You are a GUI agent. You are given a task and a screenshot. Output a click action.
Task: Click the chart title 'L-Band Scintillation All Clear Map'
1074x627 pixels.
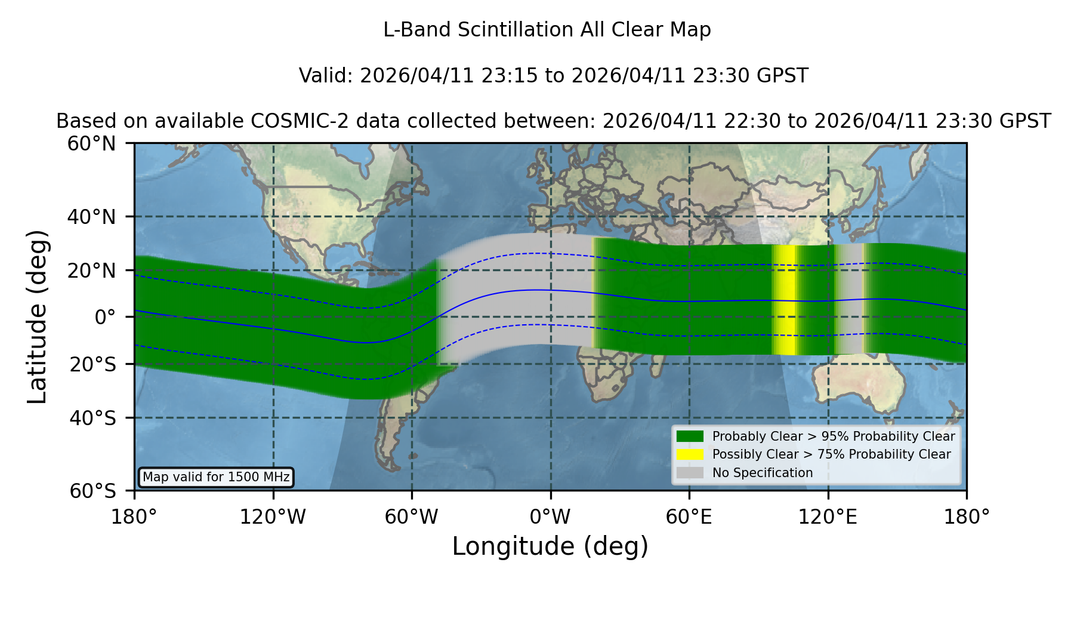(x=547, y=30)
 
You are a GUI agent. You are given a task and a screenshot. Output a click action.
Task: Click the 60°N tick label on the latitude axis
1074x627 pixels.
(x=91, y=143)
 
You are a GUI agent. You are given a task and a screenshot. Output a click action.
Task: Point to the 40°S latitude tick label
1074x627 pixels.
(x=92, y=418)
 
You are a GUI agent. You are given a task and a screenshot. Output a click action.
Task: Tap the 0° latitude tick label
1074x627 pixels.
(x=105, y=317)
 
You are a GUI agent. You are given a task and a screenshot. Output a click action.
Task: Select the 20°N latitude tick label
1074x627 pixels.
(x=91, y=271)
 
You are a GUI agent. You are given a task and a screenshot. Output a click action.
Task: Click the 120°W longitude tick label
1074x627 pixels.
(x=273, y=517)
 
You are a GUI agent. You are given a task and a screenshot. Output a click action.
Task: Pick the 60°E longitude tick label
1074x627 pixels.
(x=689, y=517)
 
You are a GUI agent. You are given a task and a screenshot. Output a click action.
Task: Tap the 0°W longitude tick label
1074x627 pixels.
(x=550, y=517)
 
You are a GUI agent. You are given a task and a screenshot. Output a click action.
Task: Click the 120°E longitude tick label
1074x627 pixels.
(x=828, y=517)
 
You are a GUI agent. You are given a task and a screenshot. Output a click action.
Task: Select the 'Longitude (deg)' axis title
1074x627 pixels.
(x=550, y=546)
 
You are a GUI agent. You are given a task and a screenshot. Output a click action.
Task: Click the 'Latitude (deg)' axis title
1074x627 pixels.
(x=37, y=316)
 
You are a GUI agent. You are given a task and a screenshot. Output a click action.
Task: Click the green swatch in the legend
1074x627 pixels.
(x=690, y=436)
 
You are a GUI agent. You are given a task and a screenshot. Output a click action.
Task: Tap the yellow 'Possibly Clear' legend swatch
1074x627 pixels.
(x=690, y=454)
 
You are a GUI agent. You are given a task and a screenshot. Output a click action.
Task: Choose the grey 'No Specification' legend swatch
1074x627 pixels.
(x=690, y=473)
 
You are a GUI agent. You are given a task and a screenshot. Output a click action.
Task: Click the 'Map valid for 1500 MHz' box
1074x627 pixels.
(x=216, y=477)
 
